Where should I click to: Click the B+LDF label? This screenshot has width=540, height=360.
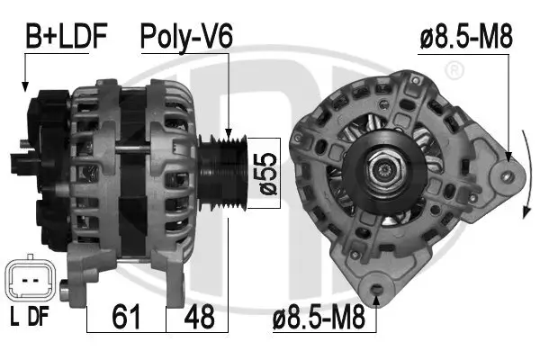pyautogui.click(x=66, y=37)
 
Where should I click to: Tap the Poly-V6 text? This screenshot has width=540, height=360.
pyautogui.click(x=185, y=37)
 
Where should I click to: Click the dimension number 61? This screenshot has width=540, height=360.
pyautogui.click(x=126, y=316)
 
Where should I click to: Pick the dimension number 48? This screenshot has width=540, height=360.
pyautogui.click(x=198, y=316)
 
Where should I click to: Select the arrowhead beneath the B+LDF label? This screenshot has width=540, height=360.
pyautogui.click(x=24, y=87)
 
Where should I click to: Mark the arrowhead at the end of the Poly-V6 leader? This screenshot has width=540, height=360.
pyautogui.click(x=230, y=134)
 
